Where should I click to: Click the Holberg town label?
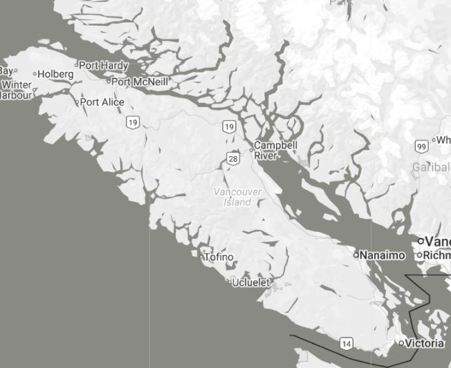[55, 74]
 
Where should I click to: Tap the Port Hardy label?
[104, 66]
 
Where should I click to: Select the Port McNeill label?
[140, 81]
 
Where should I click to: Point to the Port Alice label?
[102, 102]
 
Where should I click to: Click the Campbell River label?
[275, 151]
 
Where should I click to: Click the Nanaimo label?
[383, 255]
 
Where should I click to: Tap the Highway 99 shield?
[421, 147]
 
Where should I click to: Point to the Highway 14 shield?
[347, 343]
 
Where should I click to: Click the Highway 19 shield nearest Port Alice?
[133, 122]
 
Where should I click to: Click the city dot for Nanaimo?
[356, 255]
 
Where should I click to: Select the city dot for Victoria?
[401, 343]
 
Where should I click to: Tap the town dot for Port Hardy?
[77, 66]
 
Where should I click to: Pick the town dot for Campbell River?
[252, 149]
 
